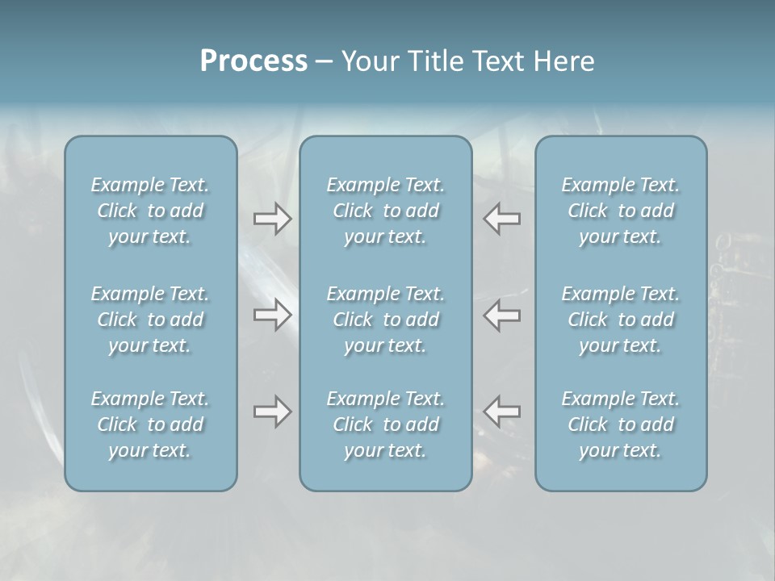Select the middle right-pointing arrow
272,315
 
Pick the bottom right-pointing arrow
272,412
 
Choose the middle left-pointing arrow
502,315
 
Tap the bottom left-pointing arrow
502,412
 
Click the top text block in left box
150,211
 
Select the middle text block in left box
150,320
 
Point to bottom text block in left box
150,424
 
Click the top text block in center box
386,211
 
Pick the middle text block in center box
386,320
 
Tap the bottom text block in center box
386,424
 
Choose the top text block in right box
621,211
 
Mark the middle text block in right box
621,320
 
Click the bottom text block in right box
621,424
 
